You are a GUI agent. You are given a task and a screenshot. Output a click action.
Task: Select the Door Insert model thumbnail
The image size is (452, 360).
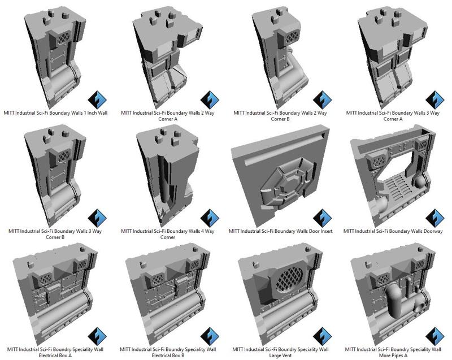click(x=281, y=175)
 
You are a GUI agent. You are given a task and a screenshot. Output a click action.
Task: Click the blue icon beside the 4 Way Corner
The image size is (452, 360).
click(x=211, y=218)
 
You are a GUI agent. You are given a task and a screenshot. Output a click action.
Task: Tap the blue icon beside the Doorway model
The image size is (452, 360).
click(x=434, y=218)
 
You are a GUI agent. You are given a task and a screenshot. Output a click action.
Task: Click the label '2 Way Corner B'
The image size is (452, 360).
click(x=281, y=116)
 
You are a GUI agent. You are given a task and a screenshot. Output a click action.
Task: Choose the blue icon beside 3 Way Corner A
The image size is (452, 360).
click(x=434, y=100)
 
